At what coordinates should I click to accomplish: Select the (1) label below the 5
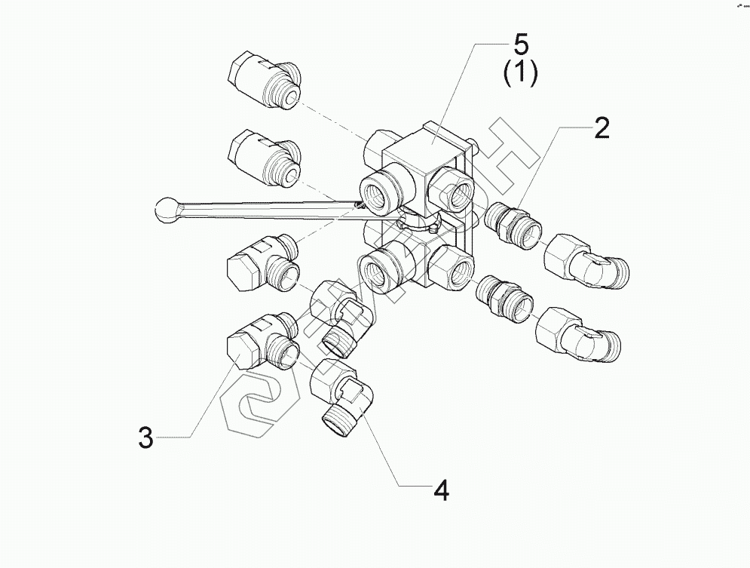pyautogui.click(x=519, y=74)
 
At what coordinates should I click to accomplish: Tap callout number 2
pyautogui.click(x=601, y=129)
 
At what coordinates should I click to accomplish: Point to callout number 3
pyautogui.click(x=145, y=437)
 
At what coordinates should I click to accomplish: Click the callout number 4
pyautogui.click(x=441, y=490)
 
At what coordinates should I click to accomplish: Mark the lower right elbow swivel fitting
pyautogui.click(x=577, y=334)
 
